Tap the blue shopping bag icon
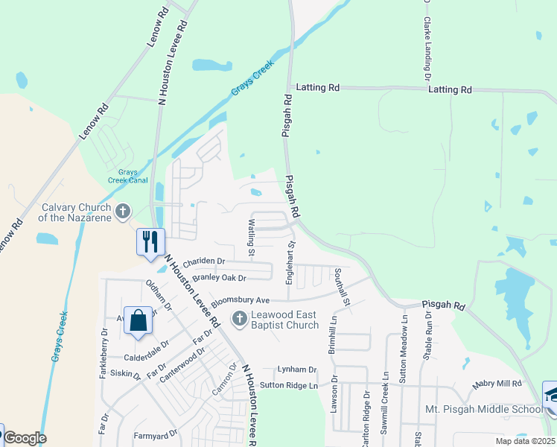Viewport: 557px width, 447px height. pyautogui.click(x=138, y=321)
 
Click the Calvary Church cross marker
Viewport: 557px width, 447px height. pyautogui.click(x=122, y=212)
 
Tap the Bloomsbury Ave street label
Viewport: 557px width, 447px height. pyautogui.click(x=241, y=300)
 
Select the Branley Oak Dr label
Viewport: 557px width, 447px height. pyautogui.click(x=219, y=278)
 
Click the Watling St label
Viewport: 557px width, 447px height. pyautogui.click(x=252, y=238)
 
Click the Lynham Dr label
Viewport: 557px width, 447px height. pyautogui.click(x=297, y=370)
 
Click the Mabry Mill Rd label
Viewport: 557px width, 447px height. pyautogui.click(x=497, y=384)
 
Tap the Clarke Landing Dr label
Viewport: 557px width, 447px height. pyautogui.click(x=427, y=41)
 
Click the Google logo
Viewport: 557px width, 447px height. pyautogui.click(x=25, y=438)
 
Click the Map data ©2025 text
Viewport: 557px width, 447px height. pyautogui.click(x=525, y=441)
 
